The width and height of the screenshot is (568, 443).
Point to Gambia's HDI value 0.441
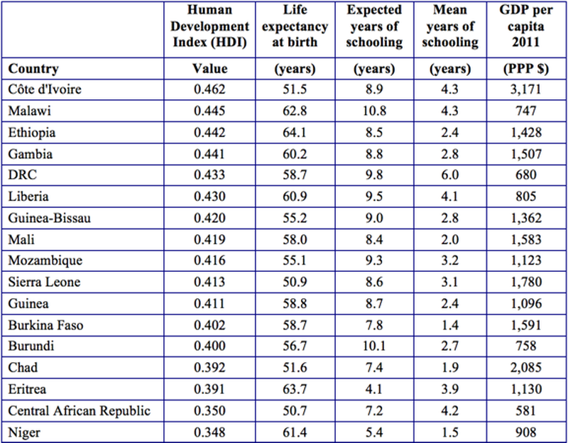click(x=210, y=154)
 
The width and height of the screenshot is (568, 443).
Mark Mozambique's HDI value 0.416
click(x=210, y=261)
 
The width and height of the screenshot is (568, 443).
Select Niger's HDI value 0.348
click(x=210, y=431)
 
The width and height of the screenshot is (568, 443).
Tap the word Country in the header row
click(x=33, y=70)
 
